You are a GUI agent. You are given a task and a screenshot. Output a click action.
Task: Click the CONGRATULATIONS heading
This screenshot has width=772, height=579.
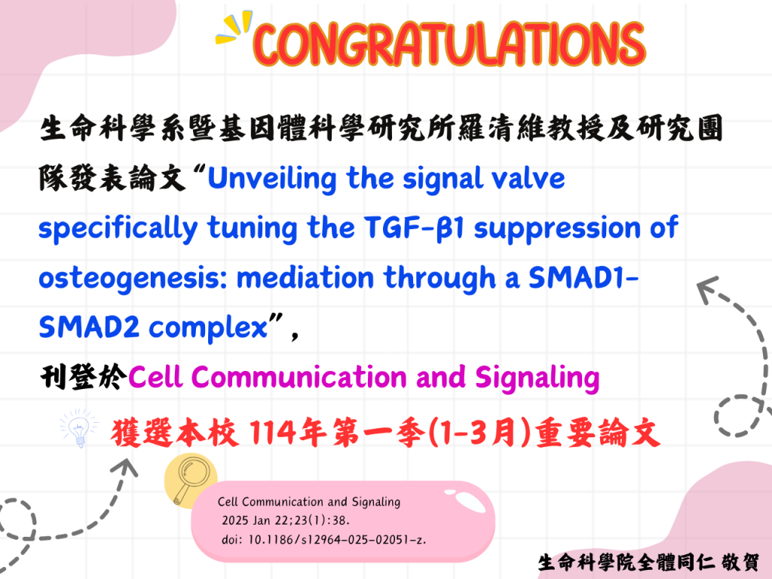pos(449,44)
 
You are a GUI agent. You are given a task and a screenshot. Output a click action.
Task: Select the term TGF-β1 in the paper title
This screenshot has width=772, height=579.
pos(415,228)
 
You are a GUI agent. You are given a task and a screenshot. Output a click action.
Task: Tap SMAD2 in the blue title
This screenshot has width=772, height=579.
pos(89,327)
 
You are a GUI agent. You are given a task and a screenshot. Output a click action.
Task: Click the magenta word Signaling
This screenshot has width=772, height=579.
pos(537,378)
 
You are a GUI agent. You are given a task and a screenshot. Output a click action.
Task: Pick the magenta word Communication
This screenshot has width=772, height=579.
pos(299,377)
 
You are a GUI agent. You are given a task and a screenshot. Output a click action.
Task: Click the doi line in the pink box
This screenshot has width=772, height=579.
pos(324,540)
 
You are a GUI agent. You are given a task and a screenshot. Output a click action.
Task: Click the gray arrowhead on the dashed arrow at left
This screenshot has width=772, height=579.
pos(125,467)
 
